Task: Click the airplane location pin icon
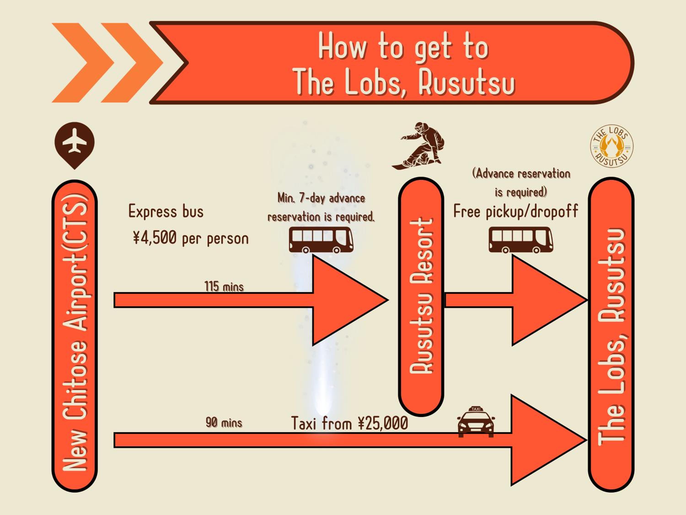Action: (x=74, y=145)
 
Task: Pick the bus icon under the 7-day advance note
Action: (x=321, y=240)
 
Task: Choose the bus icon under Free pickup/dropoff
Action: (x=521, y=240)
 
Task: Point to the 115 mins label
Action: (x=224, y=287)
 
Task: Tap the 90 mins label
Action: (x=224, y=423)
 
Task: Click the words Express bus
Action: (x=166, y=212)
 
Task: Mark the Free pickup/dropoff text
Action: (x=516, y=212)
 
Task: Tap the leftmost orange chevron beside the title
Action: (x=83, y=62)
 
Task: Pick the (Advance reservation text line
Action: (x=521, y=173)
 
